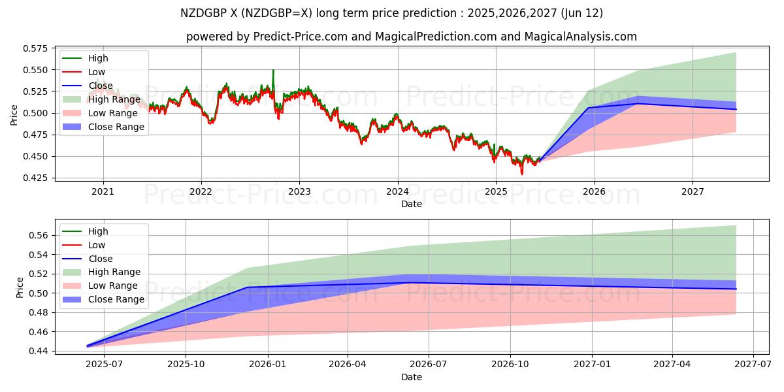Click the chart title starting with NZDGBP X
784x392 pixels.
tap(392, 13)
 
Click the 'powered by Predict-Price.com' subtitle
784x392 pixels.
tap(412, 37)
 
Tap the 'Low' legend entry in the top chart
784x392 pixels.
tap(97, 72)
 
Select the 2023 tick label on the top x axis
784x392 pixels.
tap(299, 192)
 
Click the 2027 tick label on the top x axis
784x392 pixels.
tap(693, 192)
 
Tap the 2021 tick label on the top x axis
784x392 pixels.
tap(103, 192)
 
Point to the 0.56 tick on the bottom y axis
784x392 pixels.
tap(39, 235)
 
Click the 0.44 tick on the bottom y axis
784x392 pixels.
tap(39, 351)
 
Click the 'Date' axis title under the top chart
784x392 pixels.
tap(412, 204)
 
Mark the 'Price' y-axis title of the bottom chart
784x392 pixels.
tap(20, 287)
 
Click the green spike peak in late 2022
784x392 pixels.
tap(273, 70)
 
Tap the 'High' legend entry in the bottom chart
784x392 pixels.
tap(98, 231)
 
